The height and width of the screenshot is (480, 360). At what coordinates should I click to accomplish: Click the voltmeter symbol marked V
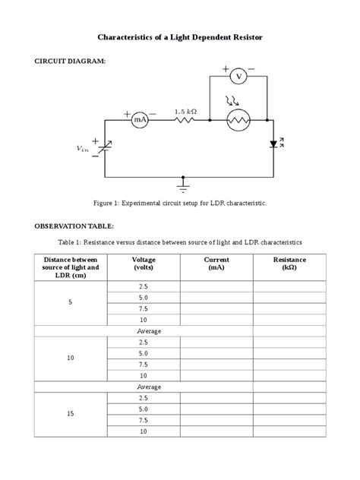click(238, 76)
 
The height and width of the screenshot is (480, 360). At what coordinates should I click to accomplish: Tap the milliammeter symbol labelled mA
click(140, 119)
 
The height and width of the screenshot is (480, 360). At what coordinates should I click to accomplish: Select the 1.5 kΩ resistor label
click(185, 111)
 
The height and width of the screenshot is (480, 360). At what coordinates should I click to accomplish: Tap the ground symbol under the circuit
click(183, 184)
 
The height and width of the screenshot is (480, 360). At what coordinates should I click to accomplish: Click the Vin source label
click(82, 149)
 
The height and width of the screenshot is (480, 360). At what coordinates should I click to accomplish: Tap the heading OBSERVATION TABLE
click(73, 226)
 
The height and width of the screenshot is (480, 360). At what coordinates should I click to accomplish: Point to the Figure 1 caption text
click(180, 204)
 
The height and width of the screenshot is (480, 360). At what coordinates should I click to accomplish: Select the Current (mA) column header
click(216, 264)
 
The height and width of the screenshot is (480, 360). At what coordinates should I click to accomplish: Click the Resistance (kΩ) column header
click(289, 264)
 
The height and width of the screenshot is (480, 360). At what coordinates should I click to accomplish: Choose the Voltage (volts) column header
click(143, 264)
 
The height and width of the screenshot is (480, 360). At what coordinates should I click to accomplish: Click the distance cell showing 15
click(70, 414)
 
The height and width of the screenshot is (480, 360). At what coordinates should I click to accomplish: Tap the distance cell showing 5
click(70, 303)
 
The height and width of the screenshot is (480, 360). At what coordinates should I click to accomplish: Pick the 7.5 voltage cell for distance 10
click(143, 364)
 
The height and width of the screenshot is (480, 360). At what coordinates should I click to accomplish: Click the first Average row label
click(143, 331)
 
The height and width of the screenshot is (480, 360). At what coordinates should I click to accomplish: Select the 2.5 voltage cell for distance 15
click(143, 397)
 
